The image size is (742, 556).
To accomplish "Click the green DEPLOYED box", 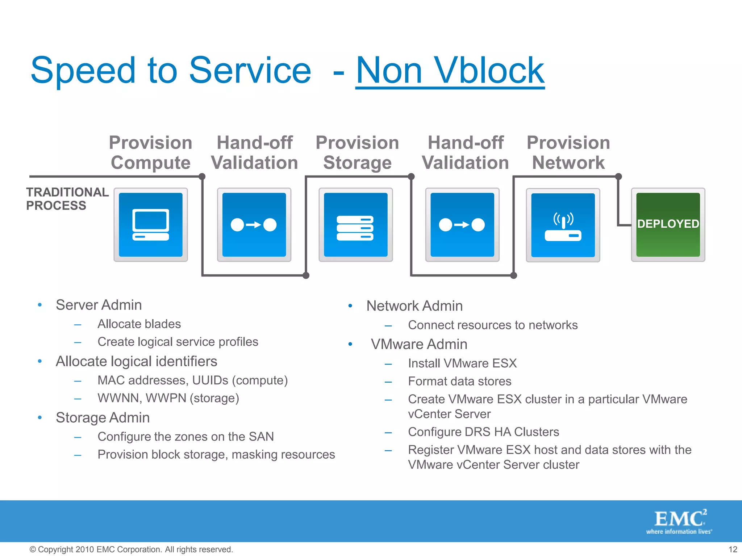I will click(x=668, y=224).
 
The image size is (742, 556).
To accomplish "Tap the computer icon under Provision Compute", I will click(x=151, y=224).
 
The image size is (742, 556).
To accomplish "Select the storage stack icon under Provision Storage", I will click(x=355, y=224).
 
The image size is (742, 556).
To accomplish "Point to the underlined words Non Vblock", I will click(x=450, y=71).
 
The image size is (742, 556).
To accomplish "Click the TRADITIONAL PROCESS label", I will click(x=67, y=199).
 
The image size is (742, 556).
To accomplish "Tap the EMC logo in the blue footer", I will click(x=679, y=521).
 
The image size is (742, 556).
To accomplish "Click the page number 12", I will click(x=733, y=549).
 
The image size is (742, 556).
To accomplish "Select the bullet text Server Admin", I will click(x=99, y=305).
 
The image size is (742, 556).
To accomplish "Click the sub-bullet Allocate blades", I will click(x=139, y=324).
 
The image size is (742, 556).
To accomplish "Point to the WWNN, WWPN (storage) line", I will click(x=168, y=398).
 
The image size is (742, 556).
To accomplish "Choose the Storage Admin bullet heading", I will click(x=103, y=418).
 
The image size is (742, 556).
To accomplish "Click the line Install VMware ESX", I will click(x=462, y=363).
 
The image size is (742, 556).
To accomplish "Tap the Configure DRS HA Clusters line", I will click(x=483, y=432).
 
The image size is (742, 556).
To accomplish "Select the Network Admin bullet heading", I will click(x=414, y=306).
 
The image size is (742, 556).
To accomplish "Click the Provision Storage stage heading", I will click(x=357, y=152).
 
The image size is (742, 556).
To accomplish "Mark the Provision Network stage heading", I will click(x=568, y=152).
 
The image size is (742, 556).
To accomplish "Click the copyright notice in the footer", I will click(x=131, y=549).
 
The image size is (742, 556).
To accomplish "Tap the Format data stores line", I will click(x=459, y=381).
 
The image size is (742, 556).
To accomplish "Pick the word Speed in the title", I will click(x=83, y=71).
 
